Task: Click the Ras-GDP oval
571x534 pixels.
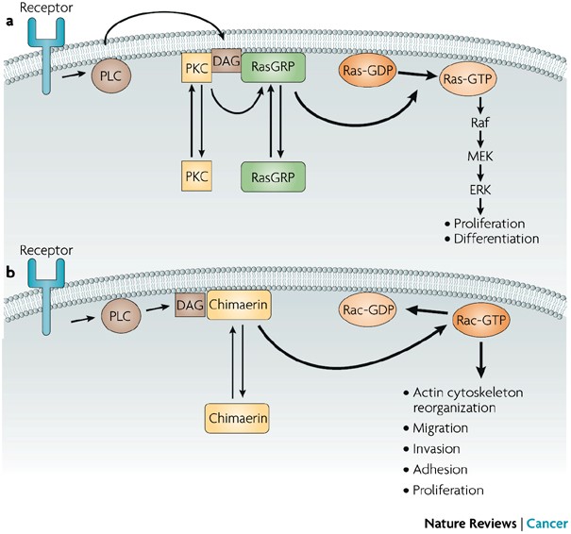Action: pyautogui.click(x=368, y=70)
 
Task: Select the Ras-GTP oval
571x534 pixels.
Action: pyautogui.click(x=467, y=79)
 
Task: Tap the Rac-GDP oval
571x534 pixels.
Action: pyautogui.click(x=368, y=310)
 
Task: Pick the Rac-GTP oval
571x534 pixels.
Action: pyautogui.click(x=481, y=321)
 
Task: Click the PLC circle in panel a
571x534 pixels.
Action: pyautogui.click(x=110, y=76)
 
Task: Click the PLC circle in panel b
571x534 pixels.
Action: pyautogui.click(x=120, y=316)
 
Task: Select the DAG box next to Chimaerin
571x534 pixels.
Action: pyautogui.click(x=190, y=305)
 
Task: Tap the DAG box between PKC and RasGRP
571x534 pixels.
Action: pyautogui.click(x=227, y=60)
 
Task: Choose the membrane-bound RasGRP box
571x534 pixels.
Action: pyautogui.click(x=273, y=67)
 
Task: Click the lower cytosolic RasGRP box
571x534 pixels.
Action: pyautogui.click(x=273, y=177)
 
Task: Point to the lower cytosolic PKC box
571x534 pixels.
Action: pyautogui.click(x=196, y=176)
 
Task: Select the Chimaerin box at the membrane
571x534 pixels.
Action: pyautogui.click(x=239, y=305)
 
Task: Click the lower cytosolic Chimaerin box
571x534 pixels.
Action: pyautogui.click(x=238, y=418)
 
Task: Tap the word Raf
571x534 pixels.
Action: pyautogui.click(x=480, y=123)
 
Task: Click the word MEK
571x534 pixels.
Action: pyautogui.click(x=480, y=157)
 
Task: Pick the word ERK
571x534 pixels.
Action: pyautogui.click(x=480, y=190)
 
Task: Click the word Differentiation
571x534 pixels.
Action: pyautogui.click(x=496, y=239)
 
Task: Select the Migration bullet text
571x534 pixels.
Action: pyautogui.click(x=440, y=428)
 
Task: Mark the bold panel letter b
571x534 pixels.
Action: pyautogui.click(x=10, y=273)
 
